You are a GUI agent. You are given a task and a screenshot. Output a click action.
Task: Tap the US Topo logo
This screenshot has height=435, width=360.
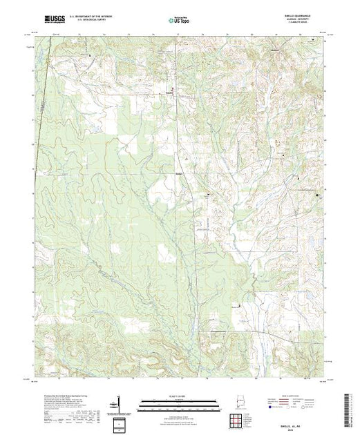pos(180,21)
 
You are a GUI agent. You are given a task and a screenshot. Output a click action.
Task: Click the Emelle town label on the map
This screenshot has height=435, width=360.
pos(178,92)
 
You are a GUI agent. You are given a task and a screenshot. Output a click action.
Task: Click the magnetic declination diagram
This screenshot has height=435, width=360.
pos(120,400)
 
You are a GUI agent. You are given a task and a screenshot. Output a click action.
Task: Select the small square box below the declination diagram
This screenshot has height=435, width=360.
pos(120,423)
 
